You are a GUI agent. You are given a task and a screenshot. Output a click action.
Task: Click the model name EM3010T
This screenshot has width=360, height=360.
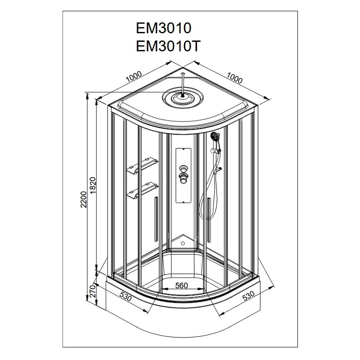[x=168, y=46]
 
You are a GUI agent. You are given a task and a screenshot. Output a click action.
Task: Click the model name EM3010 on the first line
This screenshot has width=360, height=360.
[x=163, y=28]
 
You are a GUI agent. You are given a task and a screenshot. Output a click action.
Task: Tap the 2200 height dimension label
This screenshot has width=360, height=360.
[x=84, y=199]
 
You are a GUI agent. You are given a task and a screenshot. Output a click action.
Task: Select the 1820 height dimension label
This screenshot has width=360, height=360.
[x=93, y=185]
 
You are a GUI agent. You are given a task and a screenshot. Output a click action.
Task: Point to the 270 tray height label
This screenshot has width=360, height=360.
[x=92, y=291]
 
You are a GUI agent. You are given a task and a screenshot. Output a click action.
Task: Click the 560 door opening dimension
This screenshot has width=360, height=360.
[x=182, y=285]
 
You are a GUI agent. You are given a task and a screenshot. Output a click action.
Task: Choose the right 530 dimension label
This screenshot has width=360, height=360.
[x=248, y=296]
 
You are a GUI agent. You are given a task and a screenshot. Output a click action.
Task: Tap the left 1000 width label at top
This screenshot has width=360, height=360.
[x=134, y=76]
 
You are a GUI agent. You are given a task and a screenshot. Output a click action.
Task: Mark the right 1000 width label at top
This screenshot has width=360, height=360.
[x=234, y=78]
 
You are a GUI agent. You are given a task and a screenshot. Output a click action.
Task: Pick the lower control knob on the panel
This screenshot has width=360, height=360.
[x=183, y=179]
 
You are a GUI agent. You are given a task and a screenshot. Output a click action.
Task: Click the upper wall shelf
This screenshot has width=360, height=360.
[x=142, y=164]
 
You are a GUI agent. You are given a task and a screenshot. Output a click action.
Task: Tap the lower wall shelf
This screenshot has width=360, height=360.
[x=142, y=189]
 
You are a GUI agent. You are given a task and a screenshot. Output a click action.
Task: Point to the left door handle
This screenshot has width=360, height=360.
[x=156, y=219]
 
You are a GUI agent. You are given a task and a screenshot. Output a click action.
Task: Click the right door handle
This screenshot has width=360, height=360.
[x=209, y=220]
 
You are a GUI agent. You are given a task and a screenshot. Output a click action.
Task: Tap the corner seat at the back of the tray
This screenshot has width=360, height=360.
[x=183, y=243]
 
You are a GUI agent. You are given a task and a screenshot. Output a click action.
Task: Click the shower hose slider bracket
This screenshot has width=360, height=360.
[x=216, y=151]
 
